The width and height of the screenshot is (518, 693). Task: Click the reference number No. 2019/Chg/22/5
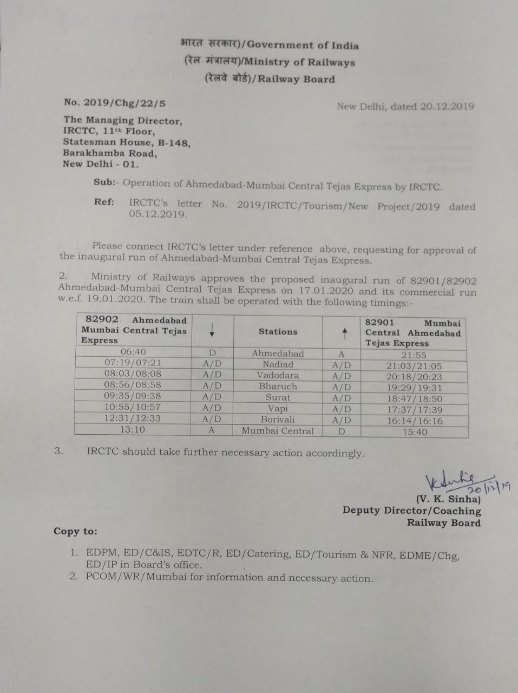tap(115, 102)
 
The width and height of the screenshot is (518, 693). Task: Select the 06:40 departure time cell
tap(133, 352)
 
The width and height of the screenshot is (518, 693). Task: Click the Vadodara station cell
tap(278, 375)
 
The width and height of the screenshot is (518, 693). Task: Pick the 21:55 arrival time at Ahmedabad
tap(414, 355)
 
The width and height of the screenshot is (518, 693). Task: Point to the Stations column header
tap(278, 332)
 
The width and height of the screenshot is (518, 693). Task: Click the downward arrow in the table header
tap(212, 330)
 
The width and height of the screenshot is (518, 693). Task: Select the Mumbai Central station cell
tap(278, 431)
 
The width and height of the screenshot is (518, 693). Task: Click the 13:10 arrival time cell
tap(133, 429)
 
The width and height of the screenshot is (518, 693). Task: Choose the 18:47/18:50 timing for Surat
tap(414, 399)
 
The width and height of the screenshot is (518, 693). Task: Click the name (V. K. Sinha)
tap(448, 499)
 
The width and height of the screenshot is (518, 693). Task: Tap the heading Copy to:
tap(76, 531)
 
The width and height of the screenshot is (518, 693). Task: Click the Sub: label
tap(104, 182)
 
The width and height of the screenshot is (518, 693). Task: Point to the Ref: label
tap(104, 202)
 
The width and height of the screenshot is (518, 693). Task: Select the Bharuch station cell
tap(278, 387)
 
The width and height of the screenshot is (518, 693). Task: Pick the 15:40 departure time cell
tap(414, 432)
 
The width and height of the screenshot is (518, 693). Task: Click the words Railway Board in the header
tap(296, 79)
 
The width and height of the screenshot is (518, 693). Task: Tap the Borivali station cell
tap(278, 420)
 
